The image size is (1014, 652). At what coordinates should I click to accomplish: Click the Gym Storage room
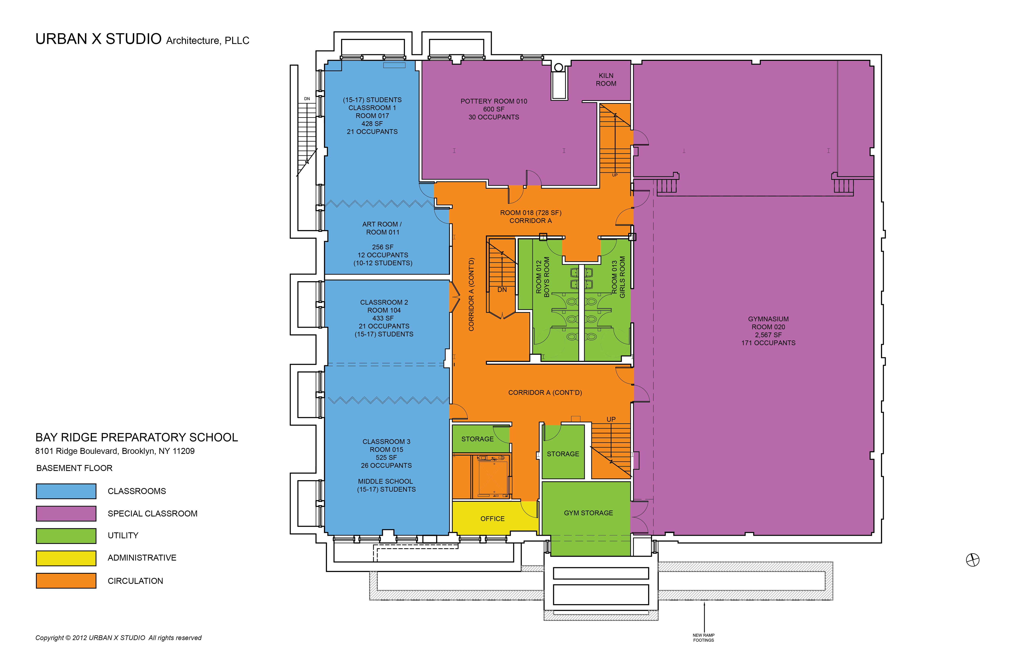(588, 513)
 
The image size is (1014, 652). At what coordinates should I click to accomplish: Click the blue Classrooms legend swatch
(66, 491)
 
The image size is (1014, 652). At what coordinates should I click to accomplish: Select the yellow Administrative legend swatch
(66, 558)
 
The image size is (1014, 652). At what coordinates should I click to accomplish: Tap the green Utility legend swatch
(66, 536)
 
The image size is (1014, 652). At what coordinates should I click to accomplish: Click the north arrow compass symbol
(972, 560)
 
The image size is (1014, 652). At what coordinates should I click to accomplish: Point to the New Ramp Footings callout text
(703, 638)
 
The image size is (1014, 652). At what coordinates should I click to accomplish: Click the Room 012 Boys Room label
(542, 277)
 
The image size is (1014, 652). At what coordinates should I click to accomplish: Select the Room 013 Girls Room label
(618, 277)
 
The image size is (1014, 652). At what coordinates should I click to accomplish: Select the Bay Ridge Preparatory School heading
(136, 437)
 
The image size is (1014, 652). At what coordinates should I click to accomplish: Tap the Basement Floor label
(74, 468)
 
